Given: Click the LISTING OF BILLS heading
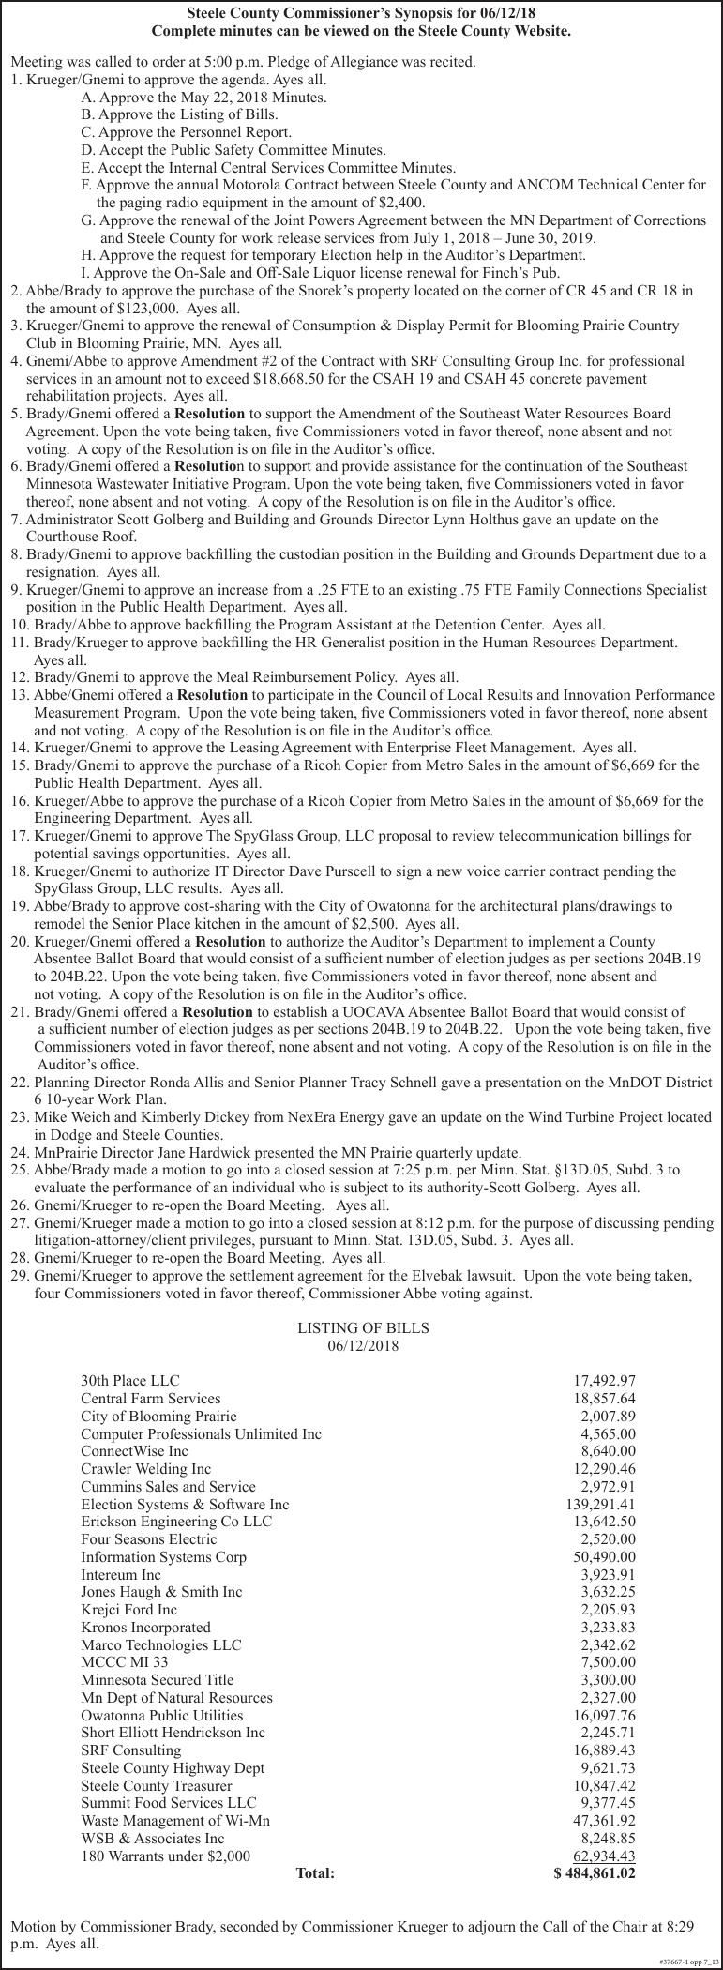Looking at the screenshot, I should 363,1328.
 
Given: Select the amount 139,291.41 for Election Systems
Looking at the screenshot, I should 595,1504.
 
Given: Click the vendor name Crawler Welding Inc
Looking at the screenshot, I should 145,1469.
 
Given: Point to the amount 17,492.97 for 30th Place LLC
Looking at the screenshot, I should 604,1381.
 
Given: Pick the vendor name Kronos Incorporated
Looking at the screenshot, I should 145,1627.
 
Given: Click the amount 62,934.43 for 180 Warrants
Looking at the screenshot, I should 604,1856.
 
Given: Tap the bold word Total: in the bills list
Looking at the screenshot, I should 315,1873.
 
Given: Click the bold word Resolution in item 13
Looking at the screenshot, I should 212,695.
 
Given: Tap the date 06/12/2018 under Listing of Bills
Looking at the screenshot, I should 363,1346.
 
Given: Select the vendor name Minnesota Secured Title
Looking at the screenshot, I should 157,1679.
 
